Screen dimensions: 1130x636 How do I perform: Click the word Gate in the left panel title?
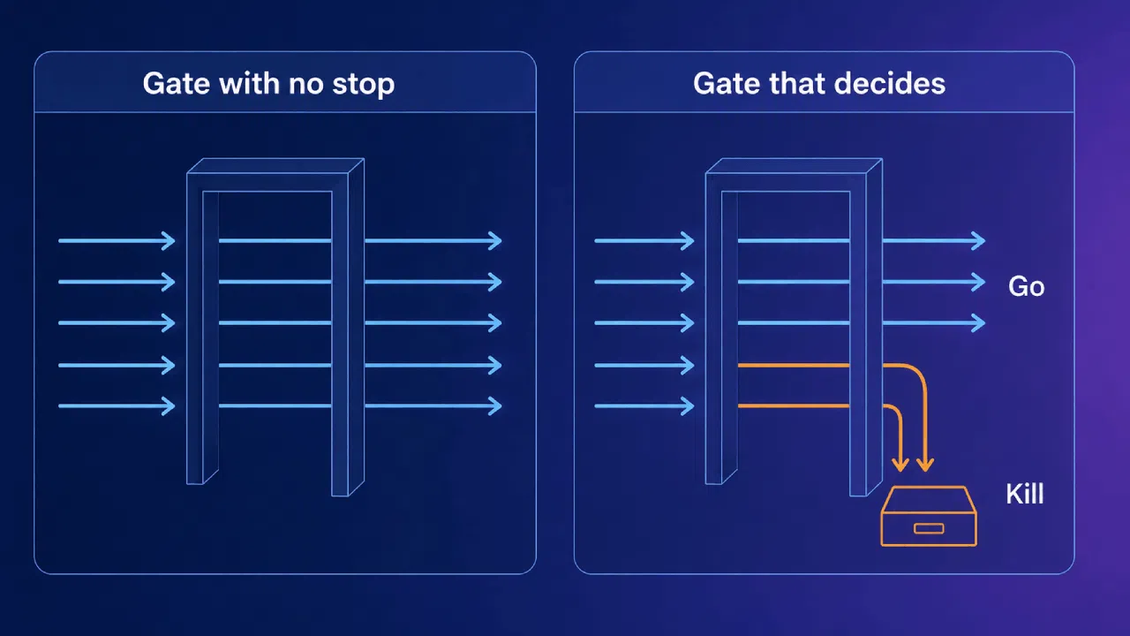click(x=177, y=83)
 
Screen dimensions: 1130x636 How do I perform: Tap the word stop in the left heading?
click(x=363, y=84)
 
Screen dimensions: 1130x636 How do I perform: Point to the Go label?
click(x=1026, y=286)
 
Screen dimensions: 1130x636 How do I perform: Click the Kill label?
click(x=1025, y=493)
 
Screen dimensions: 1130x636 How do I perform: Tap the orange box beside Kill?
click(x=929, y=516)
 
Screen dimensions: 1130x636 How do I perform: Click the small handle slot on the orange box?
click(x=929, y=528)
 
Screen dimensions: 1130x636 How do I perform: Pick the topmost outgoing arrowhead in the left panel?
click(x=495, y=241)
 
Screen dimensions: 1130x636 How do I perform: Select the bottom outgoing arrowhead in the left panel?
click(x=495, y=405)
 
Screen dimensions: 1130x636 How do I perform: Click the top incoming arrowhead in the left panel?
click(x=169, y=241)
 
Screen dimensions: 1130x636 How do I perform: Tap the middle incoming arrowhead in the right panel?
click(x=688, y=323)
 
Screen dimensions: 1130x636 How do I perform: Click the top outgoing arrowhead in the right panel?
click(x=979, y=241)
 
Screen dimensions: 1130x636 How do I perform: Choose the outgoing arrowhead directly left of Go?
click(x=979, y=282)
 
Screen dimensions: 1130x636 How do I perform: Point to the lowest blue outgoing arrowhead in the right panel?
click(x=979, y=323)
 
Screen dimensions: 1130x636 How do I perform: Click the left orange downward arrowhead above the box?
click(x=900, y=466)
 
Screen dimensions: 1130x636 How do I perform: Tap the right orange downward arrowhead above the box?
click(x=924, y=466)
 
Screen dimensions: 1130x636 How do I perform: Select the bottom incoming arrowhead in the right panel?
click(x=688, y=405)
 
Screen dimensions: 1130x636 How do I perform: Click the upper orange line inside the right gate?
click(x=794, y=365)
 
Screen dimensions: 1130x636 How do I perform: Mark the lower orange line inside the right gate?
click(x=794, y=405)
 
